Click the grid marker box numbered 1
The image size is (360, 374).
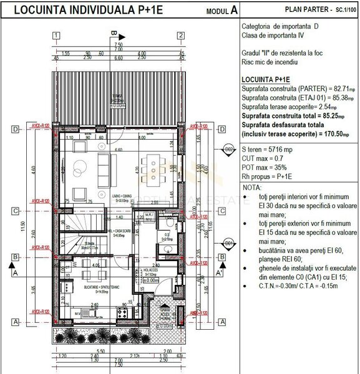57,36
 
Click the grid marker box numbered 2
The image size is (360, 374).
180,36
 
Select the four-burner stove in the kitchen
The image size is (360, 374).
123,310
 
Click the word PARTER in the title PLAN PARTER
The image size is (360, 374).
309,10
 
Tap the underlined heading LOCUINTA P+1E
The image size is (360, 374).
265,80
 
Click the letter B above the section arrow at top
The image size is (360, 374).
113,32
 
